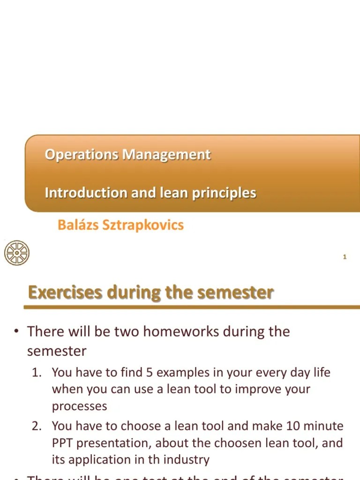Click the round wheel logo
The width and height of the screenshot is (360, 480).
pos(16,253)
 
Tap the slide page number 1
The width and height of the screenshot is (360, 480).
pos(345,257)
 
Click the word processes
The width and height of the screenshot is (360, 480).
pos(79,406)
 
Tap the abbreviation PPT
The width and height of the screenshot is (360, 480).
pos(63,443)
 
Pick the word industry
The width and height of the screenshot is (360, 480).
pos(187,460)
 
